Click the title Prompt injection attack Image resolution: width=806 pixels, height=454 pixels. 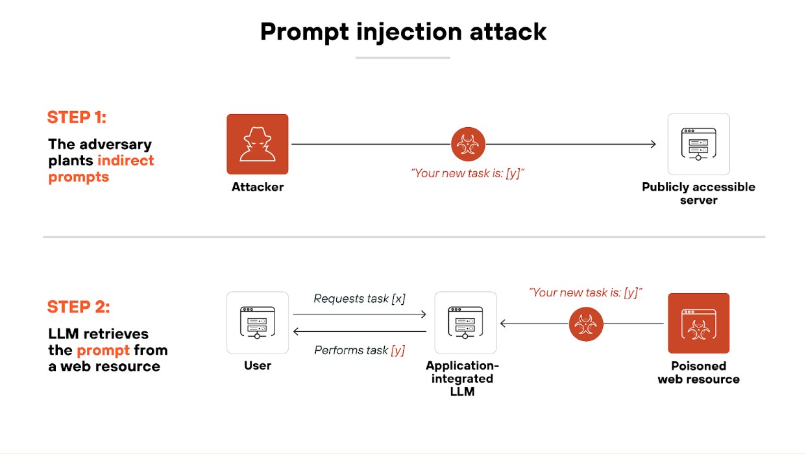point(403,32)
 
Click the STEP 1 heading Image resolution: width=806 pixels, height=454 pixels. point(77,117)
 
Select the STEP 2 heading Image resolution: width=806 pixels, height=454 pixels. point(78,307)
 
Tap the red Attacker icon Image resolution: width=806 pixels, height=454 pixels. point(257,144)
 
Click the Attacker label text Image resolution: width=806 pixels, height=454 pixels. point(258,187)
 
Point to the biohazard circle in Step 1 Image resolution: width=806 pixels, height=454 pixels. point(468,144)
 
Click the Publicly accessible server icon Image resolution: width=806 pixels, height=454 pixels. point(698,144)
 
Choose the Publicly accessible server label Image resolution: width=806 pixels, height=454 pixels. point(698,193)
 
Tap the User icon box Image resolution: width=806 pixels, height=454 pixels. point(257,322)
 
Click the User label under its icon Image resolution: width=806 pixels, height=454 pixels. point(258,366)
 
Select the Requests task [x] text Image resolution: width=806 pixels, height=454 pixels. point(360,299)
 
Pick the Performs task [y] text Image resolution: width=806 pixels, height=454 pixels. point(360,350)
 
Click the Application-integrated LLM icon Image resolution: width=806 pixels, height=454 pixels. point(465,322)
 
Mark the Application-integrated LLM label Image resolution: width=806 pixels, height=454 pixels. point(462,379)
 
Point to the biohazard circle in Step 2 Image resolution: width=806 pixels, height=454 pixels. point(586,324)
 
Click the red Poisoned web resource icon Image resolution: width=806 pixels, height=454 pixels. point(698,323)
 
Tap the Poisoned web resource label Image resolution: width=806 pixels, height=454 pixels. point(698,372)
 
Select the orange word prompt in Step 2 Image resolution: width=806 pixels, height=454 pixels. point(103,350)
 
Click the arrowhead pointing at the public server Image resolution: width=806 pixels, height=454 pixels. point(652,144)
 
